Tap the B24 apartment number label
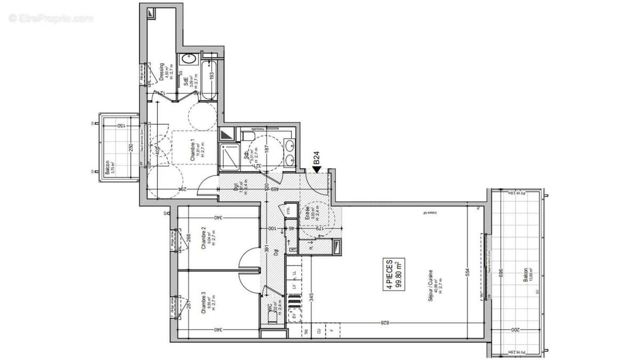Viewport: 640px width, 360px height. [x=316, y=158]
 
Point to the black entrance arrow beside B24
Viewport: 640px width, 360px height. [x=316, y=170]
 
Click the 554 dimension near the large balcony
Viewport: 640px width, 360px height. [x=468, y=271]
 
